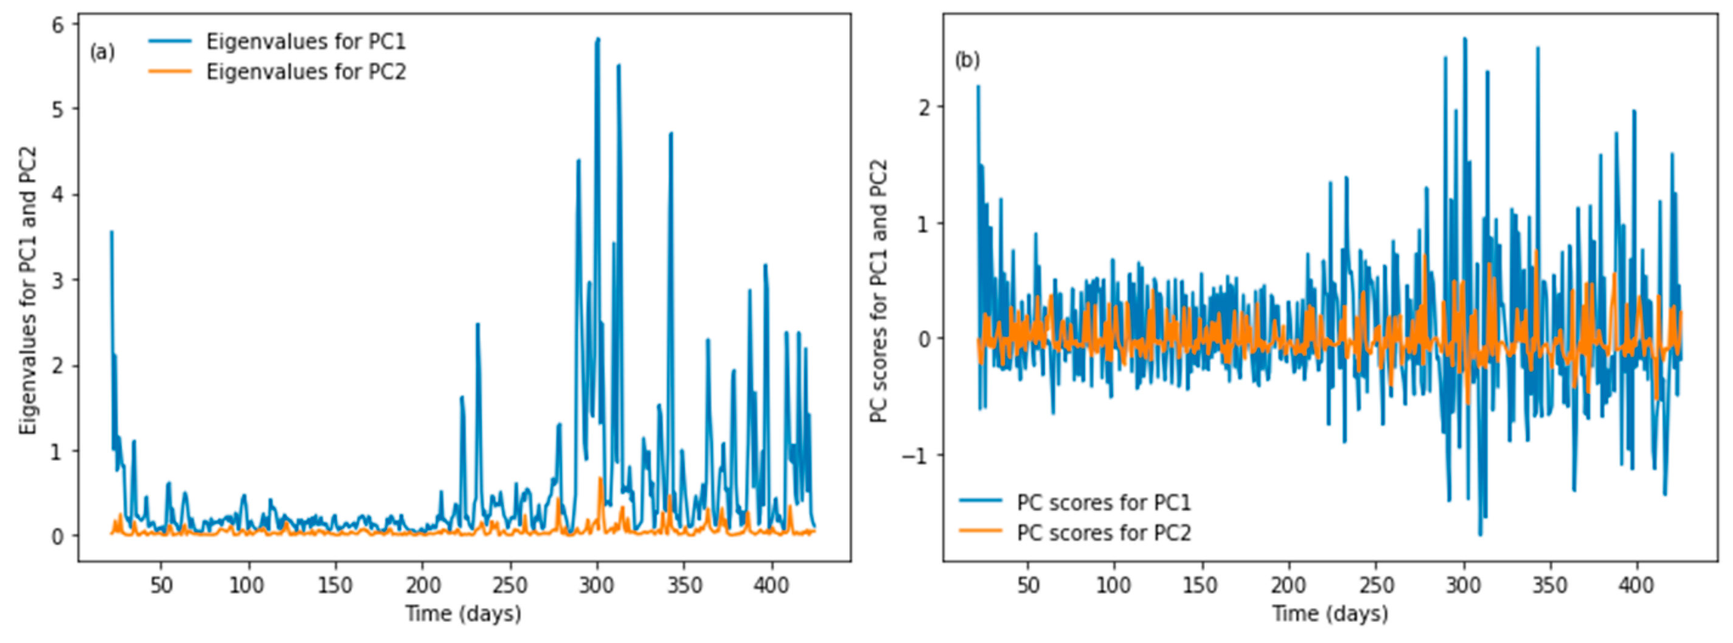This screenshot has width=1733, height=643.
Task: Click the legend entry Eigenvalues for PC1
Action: [x=305, y=42]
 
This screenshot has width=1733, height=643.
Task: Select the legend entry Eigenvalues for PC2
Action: [x=305, y=71]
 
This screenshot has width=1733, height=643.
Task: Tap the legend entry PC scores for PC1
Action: [x=1103, y=503]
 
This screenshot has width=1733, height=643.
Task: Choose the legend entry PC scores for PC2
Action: [x=1103, y=533]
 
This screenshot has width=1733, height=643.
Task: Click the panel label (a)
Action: [x=102, y=52]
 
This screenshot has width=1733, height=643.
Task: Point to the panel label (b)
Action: [x=967, y=61]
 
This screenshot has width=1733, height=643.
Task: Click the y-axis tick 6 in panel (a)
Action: [x=58, y=25]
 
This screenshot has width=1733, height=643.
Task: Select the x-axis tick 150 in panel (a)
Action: [x=335, y=585]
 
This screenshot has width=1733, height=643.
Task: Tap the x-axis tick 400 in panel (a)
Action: [x=771, y=585]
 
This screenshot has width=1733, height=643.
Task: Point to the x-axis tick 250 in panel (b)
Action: [x=1376, y=585]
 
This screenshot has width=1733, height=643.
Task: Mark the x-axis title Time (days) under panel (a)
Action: [x=463, y=613]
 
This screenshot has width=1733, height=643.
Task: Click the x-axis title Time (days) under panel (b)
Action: [x=1329, y=613]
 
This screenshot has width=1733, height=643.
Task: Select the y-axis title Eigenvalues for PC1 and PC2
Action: [x=27, y=290]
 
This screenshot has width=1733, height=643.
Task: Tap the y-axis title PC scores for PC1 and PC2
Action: [x=880, y=290]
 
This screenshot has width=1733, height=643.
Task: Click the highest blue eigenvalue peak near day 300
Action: [x=597, y=40]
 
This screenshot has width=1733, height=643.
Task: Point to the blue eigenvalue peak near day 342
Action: [x=671, y=133]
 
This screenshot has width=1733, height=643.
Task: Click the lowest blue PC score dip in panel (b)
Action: [x=1480, y=535]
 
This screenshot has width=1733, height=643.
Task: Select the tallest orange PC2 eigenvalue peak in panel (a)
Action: [x=600, y=479]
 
